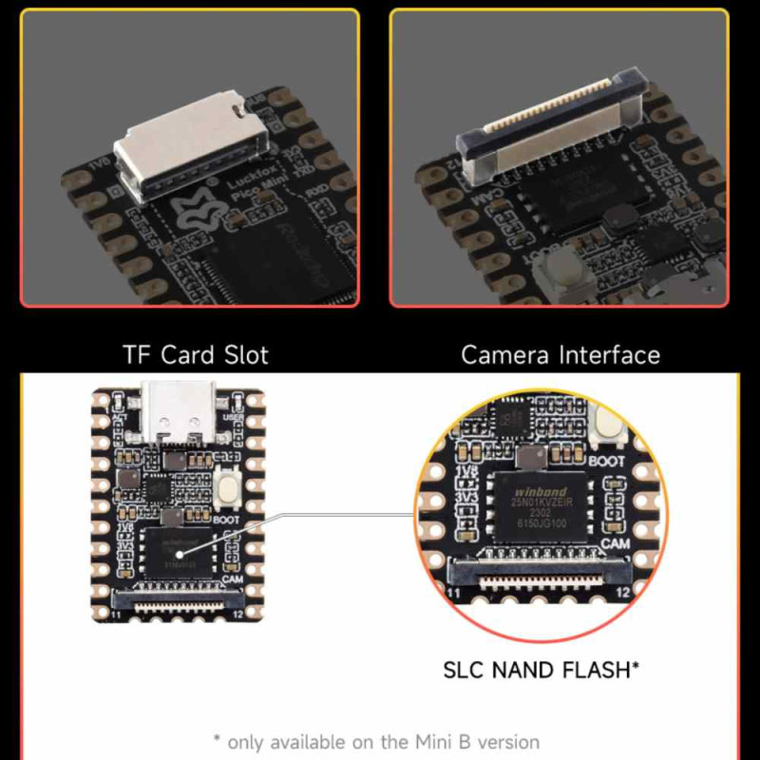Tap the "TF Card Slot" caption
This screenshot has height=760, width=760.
tap(196, 355)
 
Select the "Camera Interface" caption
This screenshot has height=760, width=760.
tap(560, 355)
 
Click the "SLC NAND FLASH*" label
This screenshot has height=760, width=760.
tap(541, 670)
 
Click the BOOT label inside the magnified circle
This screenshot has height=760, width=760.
tap(607, 462)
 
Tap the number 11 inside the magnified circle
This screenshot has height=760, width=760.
tap(455, 592)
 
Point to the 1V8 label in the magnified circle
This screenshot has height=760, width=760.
tap(466, 472)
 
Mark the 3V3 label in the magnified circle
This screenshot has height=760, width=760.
tap(466, 496)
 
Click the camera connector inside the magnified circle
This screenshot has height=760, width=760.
tap(538, 570)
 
